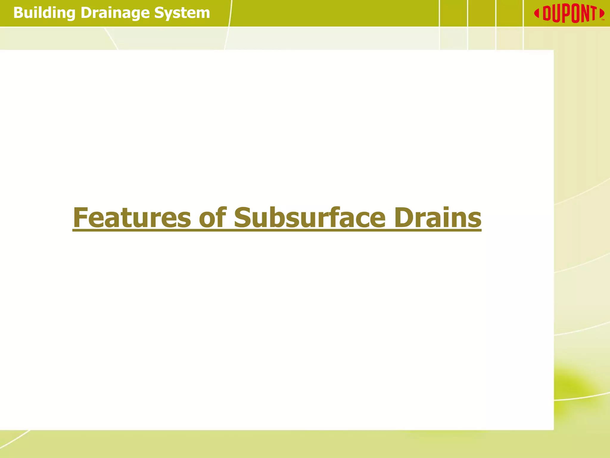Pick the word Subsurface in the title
(x=310, y=218)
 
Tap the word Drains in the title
(x=438, y=218)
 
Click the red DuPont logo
(x=569, y=13)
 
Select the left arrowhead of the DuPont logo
(x=537, y=13)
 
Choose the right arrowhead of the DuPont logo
(x=602, y=13)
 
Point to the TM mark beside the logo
(x=603, y=20)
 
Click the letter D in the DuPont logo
(x=547, y=13)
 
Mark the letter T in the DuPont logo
(x=593, y=13)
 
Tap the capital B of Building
(x=18, y=13)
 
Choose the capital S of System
(x=159, y=13)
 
